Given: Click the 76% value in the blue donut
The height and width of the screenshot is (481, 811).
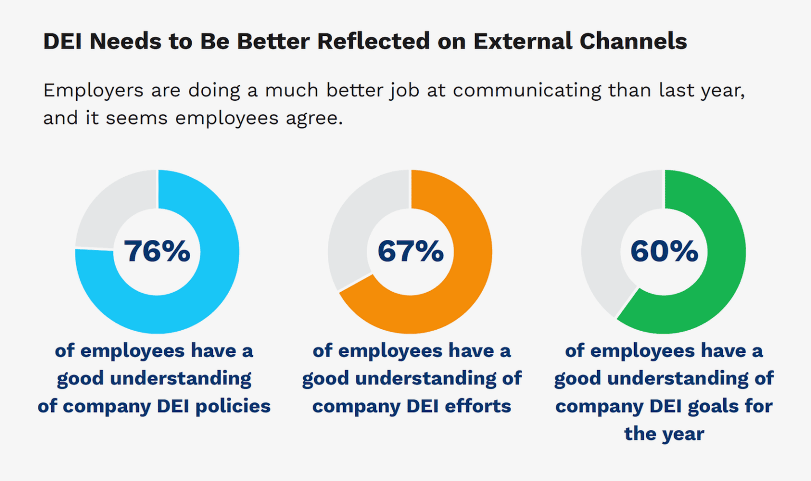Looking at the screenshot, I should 157,251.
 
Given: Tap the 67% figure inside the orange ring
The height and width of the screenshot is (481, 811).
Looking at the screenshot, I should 410,251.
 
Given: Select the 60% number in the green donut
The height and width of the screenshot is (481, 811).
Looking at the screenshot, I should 664,251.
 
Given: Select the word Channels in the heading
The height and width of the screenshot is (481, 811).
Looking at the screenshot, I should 633,42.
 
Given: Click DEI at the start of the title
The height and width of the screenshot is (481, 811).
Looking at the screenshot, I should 62,42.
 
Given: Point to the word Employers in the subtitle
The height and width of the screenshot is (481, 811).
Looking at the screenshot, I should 93,91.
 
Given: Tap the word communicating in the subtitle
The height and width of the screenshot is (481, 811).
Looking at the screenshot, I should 527,91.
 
